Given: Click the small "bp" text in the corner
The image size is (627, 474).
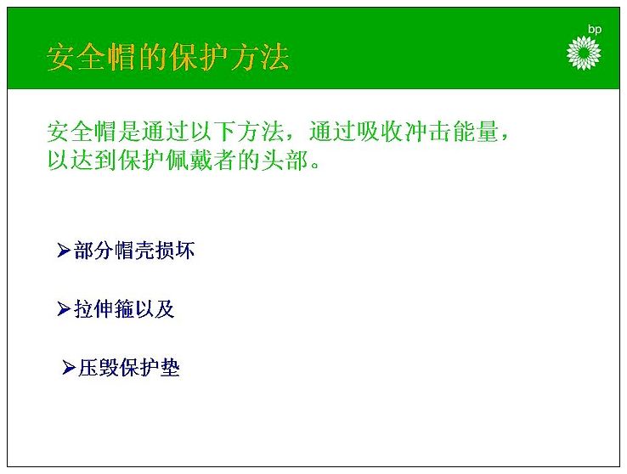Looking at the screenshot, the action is click(594, 30).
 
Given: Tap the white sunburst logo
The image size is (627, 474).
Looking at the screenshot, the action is click(584, 53).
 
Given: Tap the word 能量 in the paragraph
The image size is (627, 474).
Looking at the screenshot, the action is click(476, 131).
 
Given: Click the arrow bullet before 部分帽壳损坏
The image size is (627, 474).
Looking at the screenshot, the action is click(64, 250).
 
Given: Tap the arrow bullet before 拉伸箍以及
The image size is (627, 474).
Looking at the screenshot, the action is click(64, 308).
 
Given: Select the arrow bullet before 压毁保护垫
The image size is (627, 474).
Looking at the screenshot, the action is click(69, 367).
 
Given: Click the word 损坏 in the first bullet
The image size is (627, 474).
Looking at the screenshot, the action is click(175, 251).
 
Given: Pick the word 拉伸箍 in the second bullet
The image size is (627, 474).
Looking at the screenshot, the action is click(104, 309).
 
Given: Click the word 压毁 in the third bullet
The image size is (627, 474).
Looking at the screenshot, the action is click(99, 368).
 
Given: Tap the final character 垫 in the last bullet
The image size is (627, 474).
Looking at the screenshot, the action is click(170, 368).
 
